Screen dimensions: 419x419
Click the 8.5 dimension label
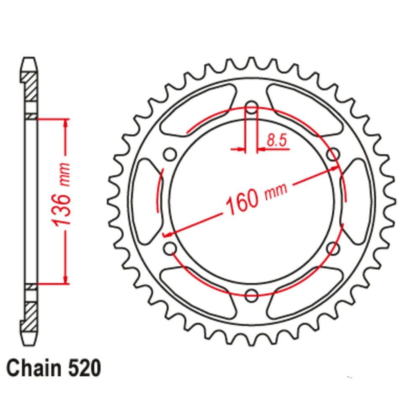click(277, 141)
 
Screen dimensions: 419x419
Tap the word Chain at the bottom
click(31, 369)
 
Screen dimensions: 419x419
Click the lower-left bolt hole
click(170, 248)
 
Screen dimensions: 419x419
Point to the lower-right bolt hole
click(333, 248)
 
